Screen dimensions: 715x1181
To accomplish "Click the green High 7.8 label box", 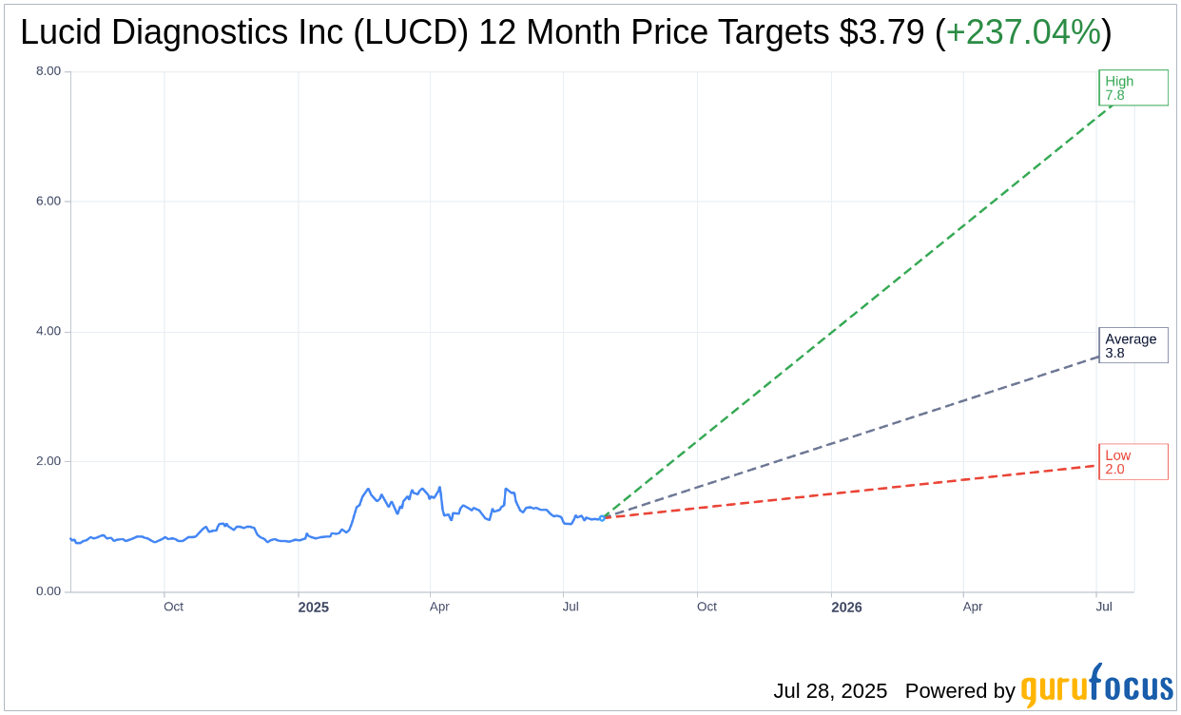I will tap(1133, 88).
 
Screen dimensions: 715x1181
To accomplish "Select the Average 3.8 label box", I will tap(1133, 345).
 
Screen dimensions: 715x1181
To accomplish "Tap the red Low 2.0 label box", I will tap(1133, 462).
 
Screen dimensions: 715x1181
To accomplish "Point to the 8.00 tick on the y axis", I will tap(48, 71).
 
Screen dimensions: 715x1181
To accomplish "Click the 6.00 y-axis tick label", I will tap(48, 202).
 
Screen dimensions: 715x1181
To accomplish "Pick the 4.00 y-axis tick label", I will tap(48, 332).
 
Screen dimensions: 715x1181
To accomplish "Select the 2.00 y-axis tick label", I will tap(48, 462).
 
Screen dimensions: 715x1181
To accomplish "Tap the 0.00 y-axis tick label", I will tap(48, 591).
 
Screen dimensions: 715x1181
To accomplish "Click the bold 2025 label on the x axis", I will tap(313, 607).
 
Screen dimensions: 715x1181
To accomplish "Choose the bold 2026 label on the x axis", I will tap(846, 607).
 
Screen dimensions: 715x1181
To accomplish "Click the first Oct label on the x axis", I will tap(173, 607).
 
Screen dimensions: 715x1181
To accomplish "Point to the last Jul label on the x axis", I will tap(1104, 607).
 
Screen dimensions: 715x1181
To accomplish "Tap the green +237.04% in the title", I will tap(1023, 33).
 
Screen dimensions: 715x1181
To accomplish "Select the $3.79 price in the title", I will tap(881, 33).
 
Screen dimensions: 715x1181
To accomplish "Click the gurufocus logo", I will tap(1096, 686).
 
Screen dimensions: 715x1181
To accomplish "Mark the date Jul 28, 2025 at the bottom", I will tap(829, 691).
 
